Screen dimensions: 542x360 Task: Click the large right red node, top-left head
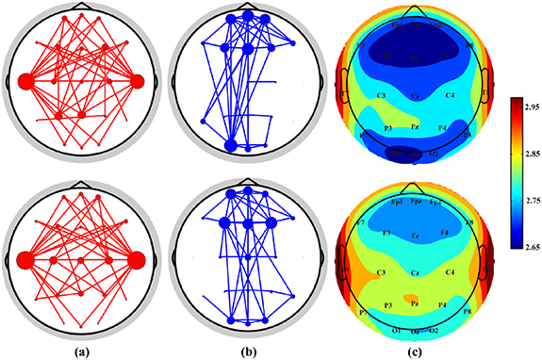click(139, 81)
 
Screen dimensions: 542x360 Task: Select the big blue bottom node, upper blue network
click(231, 145)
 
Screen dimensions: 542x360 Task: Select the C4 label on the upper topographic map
click(450, 96)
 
